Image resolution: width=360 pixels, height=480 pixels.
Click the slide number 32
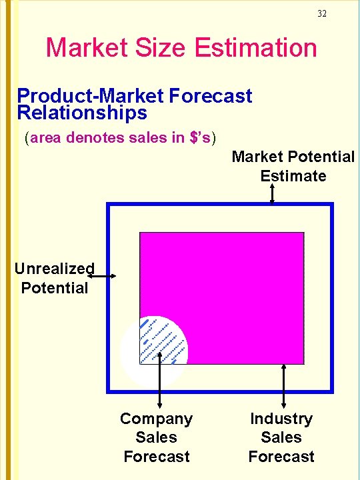click(322, 13)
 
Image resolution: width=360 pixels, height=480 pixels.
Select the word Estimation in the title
click(256, 48)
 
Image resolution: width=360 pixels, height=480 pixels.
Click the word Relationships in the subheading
click(82, 113)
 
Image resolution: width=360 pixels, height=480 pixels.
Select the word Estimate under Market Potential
click(293, 176)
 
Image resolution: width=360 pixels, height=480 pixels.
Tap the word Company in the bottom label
click(156, 419)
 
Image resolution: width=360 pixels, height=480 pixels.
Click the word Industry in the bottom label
click(281, 419)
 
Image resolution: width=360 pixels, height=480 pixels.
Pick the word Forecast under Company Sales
click(156, 457)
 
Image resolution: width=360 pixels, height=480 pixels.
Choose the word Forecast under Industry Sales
click(281, 457)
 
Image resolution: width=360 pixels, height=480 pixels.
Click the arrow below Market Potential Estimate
click(272, 194)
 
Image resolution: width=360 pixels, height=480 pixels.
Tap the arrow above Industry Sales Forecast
click(284, 385)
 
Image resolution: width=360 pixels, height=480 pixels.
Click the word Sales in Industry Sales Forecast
click(281, 437)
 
